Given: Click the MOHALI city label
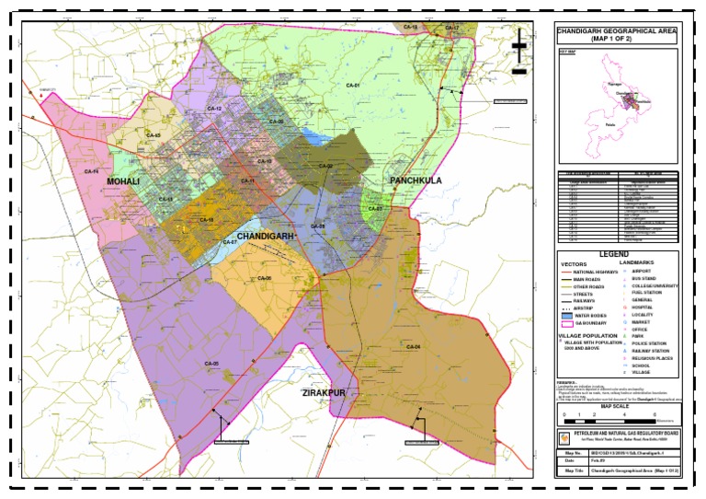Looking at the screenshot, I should coord(123,182).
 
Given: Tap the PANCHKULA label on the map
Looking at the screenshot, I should coord(416,180).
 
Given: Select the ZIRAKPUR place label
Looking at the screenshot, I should coord(324,393).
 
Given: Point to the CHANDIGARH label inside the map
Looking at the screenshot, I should coord(266,237).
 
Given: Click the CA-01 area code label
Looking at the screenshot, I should coord(351,86).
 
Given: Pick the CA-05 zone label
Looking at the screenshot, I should coord(211,364).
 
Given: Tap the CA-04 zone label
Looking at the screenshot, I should coord(413,346).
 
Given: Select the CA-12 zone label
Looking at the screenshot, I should coord(214,109).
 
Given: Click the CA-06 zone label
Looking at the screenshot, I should coord(265,277).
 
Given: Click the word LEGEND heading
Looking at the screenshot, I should coord(615,253).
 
